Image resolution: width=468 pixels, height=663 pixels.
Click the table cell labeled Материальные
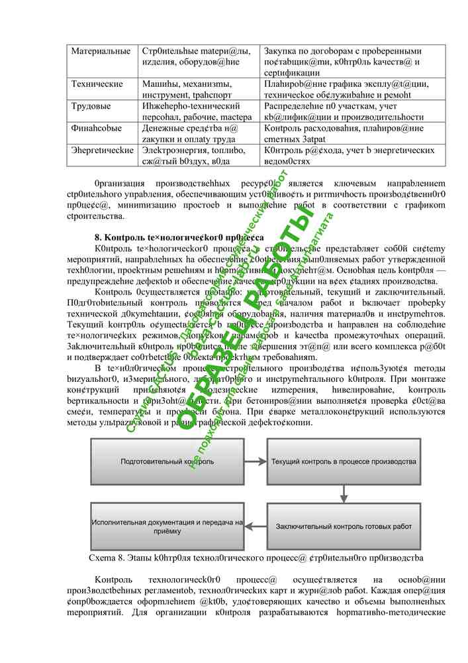(x=101, y=52)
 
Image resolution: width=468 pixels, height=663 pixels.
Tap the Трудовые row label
(x=93, y=106)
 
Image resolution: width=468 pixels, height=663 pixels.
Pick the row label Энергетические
(x=103, y=151)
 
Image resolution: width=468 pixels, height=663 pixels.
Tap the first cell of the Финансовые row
(x=97, y=128)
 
